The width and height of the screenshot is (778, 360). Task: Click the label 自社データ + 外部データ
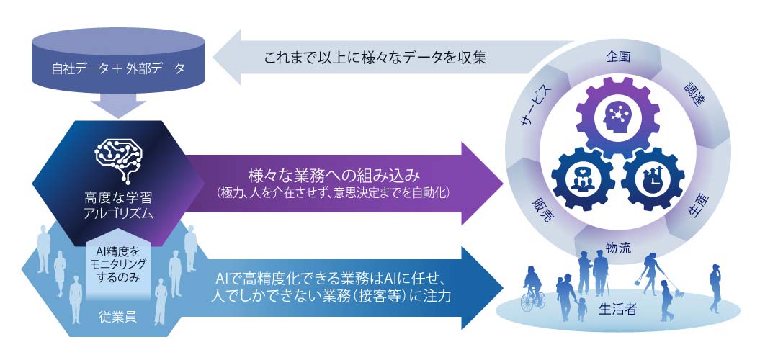[x=118, y=69]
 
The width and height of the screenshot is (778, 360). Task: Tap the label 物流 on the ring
[x=618, y=248]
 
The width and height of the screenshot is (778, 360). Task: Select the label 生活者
[x=617, y=311]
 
